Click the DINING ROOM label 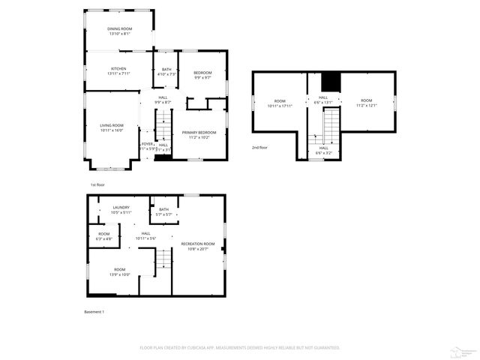click(x=119, y=28)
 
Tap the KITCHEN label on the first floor click(x=119, y=68)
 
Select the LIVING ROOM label click(x=111, y=125)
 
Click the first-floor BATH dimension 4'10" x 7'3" click(x=166, y=73)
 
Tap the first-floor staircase click(x=163, y=123)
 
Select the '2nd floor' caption click(x=259, y=148)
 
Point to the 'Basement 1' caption click(x=94, y=311)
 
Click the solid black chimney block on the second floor click(x=331, y=81)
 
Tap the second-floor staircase click(x=331, y=124)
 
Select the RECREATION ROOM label click(x=199, y=244)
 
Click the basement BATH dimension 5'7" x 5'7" click(x=163, y=214)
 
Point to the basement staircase click(x=163, y=259)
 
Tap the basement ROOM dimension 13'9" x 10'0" click(x=121, y=274)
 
